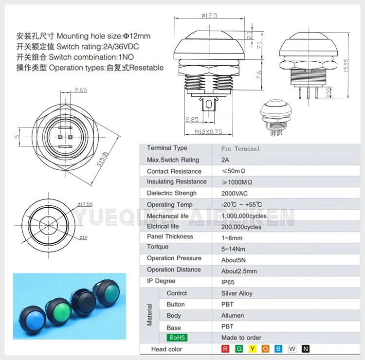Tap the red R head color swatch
[225, 348]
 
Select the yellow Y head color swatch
[252, 348]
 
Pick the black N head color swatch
[306, 348]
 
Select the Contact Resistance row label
[174, 171]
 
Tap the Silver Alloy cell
[237, 293]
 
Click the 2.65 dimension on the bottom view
[81, 90]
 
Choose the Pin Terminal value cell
[240, 148]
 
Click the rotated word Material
[150, 315]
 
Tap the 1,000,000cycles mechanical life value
[244, 216]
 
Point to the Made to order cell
[241, 338]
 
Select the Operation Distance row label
[174, 270]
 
